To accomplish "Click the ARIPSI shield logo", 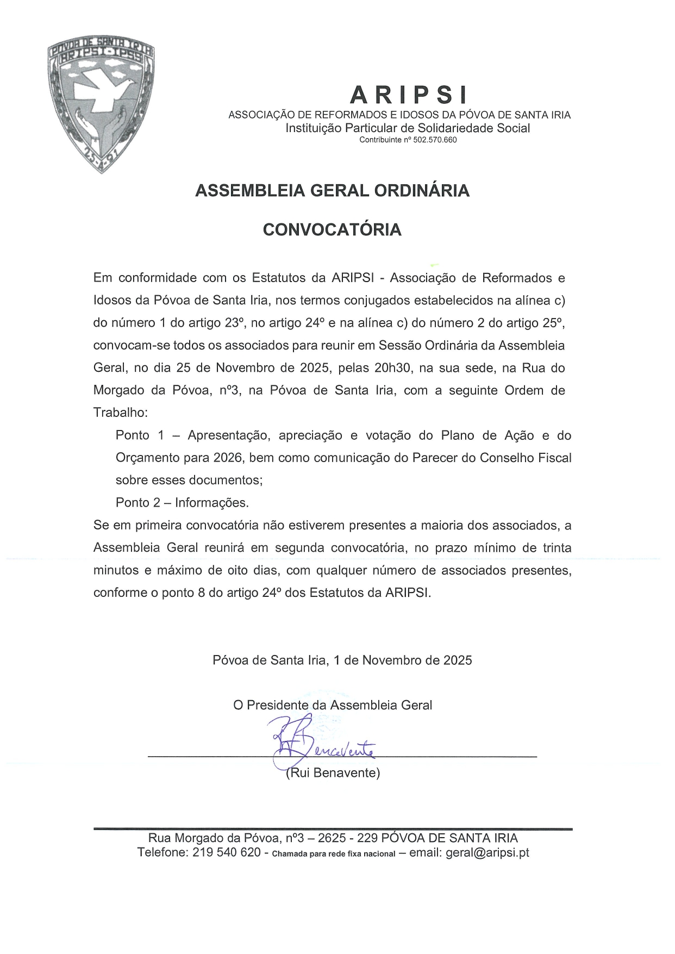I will pyautogui.click(x=101, y=103).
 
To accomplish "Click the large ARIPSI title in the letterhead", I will pyautogui.click(x=408, y=95).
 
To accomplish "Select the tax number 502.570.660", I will pyautogui.click(x=435, y=140).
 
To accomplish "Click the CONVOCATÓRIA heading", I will pyautogui.click(x=332, y=230).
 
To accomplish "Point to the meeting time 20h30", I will pyautogui.click(x=392, y=368).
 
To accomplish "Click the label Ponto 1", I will pyautogui.click(x=140, y=435).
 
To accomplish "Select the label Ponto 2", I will pyautogui.click(x=138, y=503).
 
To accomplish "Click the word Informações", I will pyautogui.click(x=212, y=503).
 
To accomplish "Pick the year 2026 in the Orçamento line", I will pyautogui.click(x=228, y=458).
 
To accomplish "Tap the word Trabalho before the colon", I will pyautogui.click(x=119, y=413).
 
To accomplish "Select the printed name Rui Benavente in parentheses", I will pyautogui.click(x=333, y=773).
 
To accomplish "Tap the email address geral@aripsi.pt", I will pyautogui.click(x=487, y=852).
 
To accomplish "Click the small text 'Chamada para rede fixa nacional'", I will pyautogui.click(x=333, y=853).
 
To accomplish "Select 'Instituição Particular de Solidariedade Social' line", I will pyautogui.click(x=408, y=128).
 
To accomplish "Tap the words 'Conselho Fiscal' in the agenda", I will pyautogui.click(x=525, y=458).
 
